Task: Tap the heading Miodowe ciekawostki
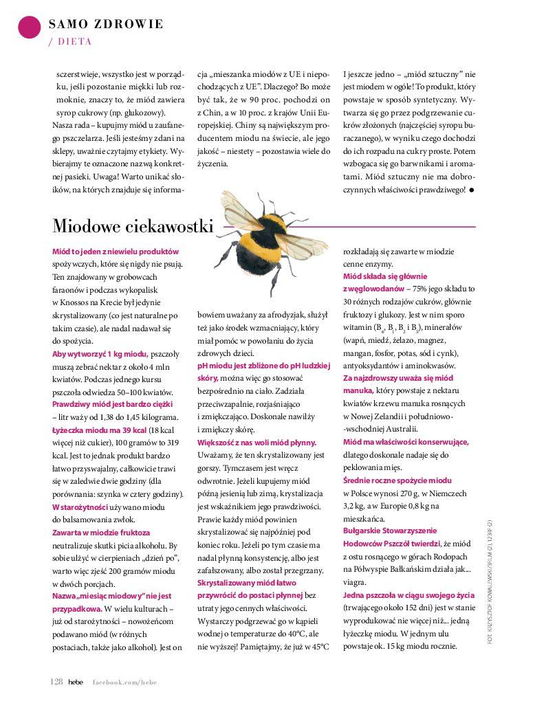click(133, 226)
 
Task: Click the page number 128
click(56, 681)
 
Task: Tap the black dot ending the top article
click(472, 189)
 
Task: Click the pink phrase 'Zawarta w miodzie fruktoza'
click(101, 532)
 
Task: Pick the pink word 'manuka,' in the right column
click(358, 390)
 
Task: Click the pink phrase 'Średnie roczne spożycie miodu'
click(398, 480)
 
